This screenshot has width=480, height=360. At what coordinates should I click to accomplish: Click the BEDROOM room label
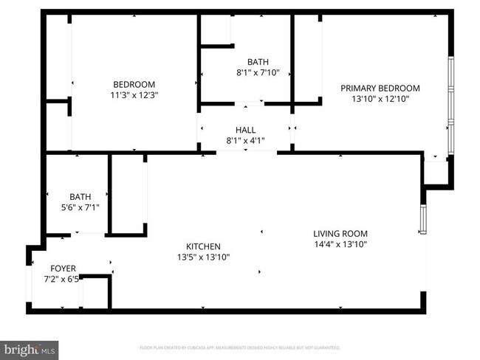coord(134,83)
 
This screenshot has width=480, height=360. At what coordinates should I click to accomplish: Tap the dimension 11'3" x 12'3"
coord(134,94)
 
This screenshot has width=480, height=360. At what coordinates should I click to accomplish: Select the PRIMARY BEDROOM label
coord(380,88)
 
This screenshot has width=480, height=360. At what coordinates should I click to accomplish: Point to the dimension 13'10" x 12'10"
coord(380,98)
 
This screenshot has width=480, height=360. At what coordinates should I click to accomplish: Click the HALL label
coord(245,130)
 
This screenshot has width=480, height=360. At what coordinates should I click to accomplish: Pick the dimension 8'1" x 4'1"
coord(245,141)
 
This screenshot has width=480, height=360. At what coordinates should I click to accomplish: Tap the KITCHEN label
coord(202,246)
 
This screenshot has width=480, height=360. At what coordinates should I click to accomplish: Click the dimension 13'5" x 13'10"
coord(202,257)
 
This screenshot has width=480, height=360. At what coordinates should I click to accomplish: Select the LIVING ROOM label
coord(340,233)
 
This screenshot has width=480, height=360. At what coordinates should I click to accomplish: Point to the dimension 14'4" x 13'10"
coord(340,244)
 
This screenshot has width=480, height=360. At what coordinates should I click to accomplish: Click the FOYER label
coord(63,269)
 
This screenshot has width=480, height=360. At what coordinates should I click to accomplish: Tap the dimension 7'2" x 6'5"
coord(63,280)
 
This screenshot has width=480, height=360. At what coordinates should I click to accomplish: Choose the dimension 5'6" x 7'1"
coord(80,207)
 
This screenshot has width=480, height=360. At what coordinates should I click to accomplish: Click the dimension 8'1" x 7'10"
coord(258,72)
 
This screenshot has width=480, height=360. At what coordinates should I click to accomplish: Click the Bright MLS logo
coord(30,348)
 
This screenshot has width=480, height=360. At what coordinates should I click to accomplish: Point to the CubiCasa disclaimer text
coord(239,347)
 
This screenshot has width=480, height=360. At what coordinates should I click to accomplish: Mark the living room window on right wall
coord(422,218)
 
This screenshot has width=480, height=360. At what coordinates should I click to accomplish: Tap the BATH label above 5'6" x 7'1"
coord(80,197)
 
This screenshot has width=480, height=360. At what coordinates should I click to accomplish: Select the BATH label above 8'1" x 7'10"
coord(258,62)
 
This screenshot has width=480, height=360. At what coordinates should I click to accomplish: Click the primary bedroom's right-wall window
coord(450,103)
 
